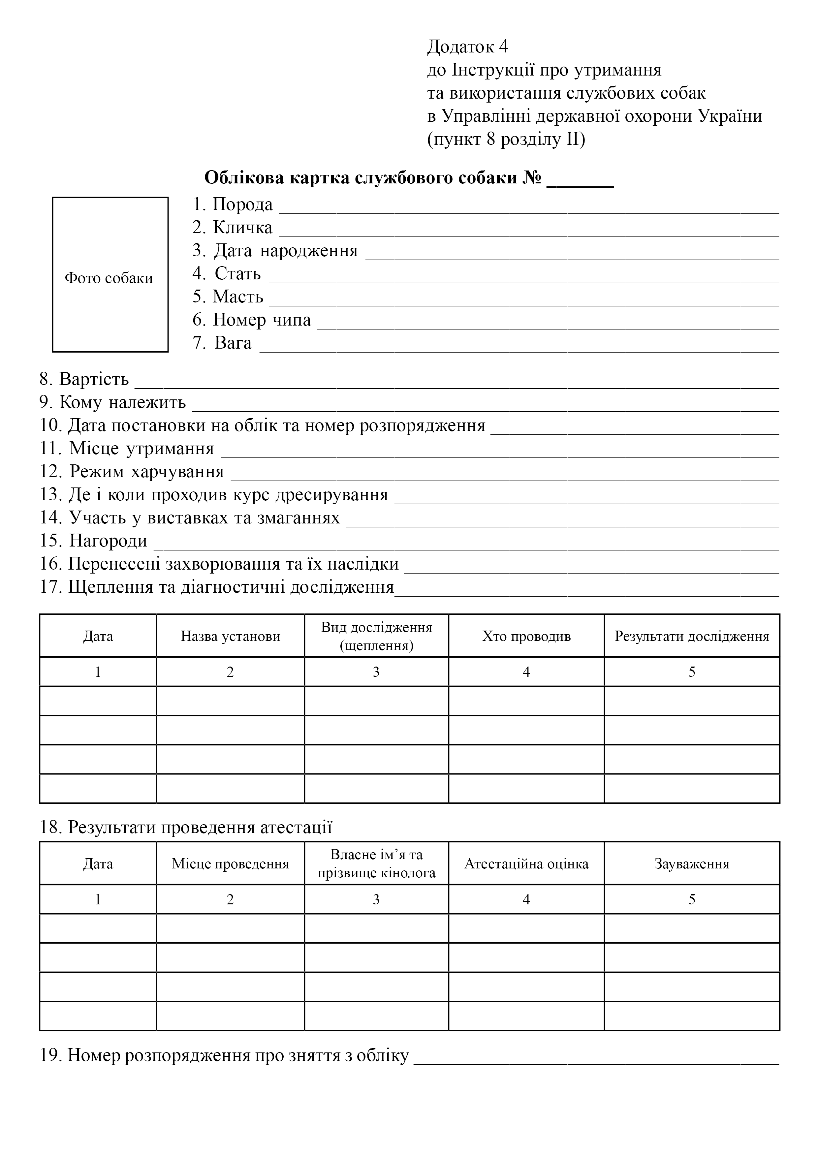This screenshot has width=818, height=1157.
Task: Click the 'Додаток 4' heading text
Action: click(468, 47)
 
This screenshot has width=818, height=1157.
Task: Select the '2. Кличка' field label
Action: click(232, 228)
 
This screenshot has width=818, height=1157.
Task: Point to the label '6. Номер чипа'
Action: click(251, 320)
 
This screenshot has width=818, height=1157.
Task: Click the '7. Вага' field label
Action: click(222, 343)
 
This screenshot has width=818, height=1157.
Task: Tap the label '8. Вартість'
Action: click(84, 379)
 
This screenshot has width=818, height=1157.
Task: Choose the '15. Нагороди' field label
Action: click(94, 541)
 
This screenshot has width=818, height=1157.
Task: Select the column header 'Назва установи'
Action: click(230, 637)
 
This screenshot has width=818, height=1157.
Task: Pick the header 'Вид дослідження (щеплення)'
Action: click(376, 637)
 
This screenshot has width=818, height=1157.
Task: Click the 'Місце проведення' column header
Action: click(230, 864)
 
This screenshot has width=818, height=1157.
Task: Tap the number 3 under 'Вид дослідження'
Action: click(376, 672)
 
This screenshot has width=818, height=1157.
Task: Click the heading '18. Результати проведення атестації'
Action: click(186, 828)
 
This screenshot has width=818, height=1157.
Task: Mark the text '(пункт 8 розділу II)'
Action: click(506, 140)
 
